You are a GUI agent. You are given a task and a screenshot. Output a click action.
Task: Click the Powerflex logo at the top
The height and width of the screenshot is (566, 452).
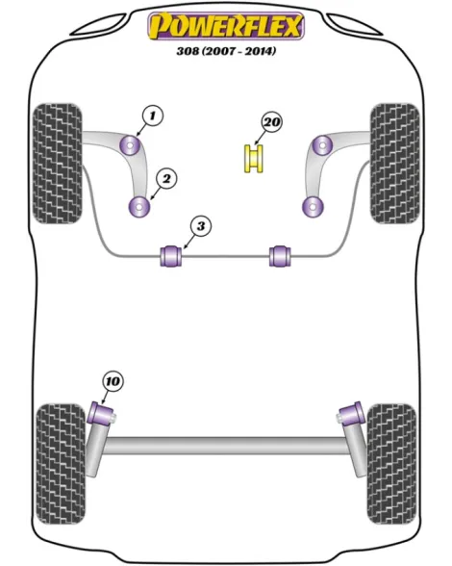[x=226, y=26]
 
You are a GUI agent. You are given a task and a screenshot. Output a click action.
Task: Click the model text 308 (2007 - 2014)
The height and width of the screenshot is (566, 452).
[x=226, y=51]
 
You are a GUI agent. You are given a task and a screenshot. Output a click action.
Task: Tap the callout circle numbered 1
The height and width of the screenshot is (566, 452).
[x=153, y=116]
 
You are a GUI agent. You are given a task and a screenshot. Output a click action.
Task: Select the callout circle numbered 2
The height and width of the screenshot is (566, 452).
[x=166, y=178]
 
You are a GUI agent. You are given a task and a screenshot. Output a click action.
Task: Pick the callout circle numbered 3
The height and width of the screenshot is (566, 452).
[x=201, y=226]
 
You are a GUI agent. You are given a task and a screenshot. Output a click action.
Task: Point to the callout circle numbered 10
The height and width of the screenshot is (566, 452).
[x=113, y=381]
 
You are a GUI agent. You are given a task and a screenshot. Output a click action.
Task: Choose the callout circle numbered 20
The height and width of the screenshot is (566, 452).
[x=271, y=122]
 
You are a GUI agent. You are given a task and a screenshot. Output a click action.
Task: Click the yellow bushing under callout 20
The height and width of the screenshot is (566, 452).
[x=254, y=158]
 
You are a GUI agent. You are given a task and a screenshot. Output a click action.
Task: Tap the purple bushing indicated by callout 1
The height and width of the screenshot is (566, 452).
[x=132, y=145]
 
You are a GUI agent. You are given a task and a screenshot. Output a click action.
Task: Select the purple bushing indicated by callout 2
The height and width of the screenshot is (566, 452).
[x=139, y=207]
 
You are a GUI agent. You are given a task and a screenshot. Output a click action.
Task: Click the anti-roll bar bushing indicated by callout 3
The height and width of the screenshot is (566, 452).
[x=170, y=256]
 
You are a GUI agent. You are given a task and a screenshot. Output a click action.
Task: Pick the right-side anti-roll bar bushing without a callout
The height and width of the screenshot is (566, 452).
[x=280, y=256]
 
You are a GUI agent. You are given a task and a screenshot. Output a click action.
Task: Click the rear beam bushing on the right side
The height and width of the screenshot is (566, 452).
[x=351, y=414]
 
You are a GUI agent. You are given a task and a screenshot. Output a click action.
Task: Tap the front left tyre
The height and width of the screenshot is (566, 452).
[x=57, y=164]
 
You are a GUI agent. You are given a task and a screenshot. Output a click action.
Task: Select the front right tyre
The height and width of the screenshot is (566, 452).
[x=395, y=164]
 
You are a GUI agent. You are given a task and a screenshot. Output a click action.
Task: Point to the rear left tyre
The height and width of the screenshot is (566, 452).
[x=61, y=464]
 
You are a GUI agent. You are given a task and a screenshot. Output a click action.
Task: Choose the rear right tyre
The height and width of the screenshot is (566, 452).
[x=391, y=464]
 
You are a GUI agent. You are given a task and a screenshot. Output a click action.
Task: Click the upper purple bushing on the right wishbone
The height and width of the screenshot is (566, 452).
[x=322, y=145]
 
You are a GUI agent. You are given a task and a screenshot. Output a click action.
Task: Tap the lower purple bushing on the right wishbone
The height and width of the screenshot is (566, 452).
[x=313, y=207]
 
